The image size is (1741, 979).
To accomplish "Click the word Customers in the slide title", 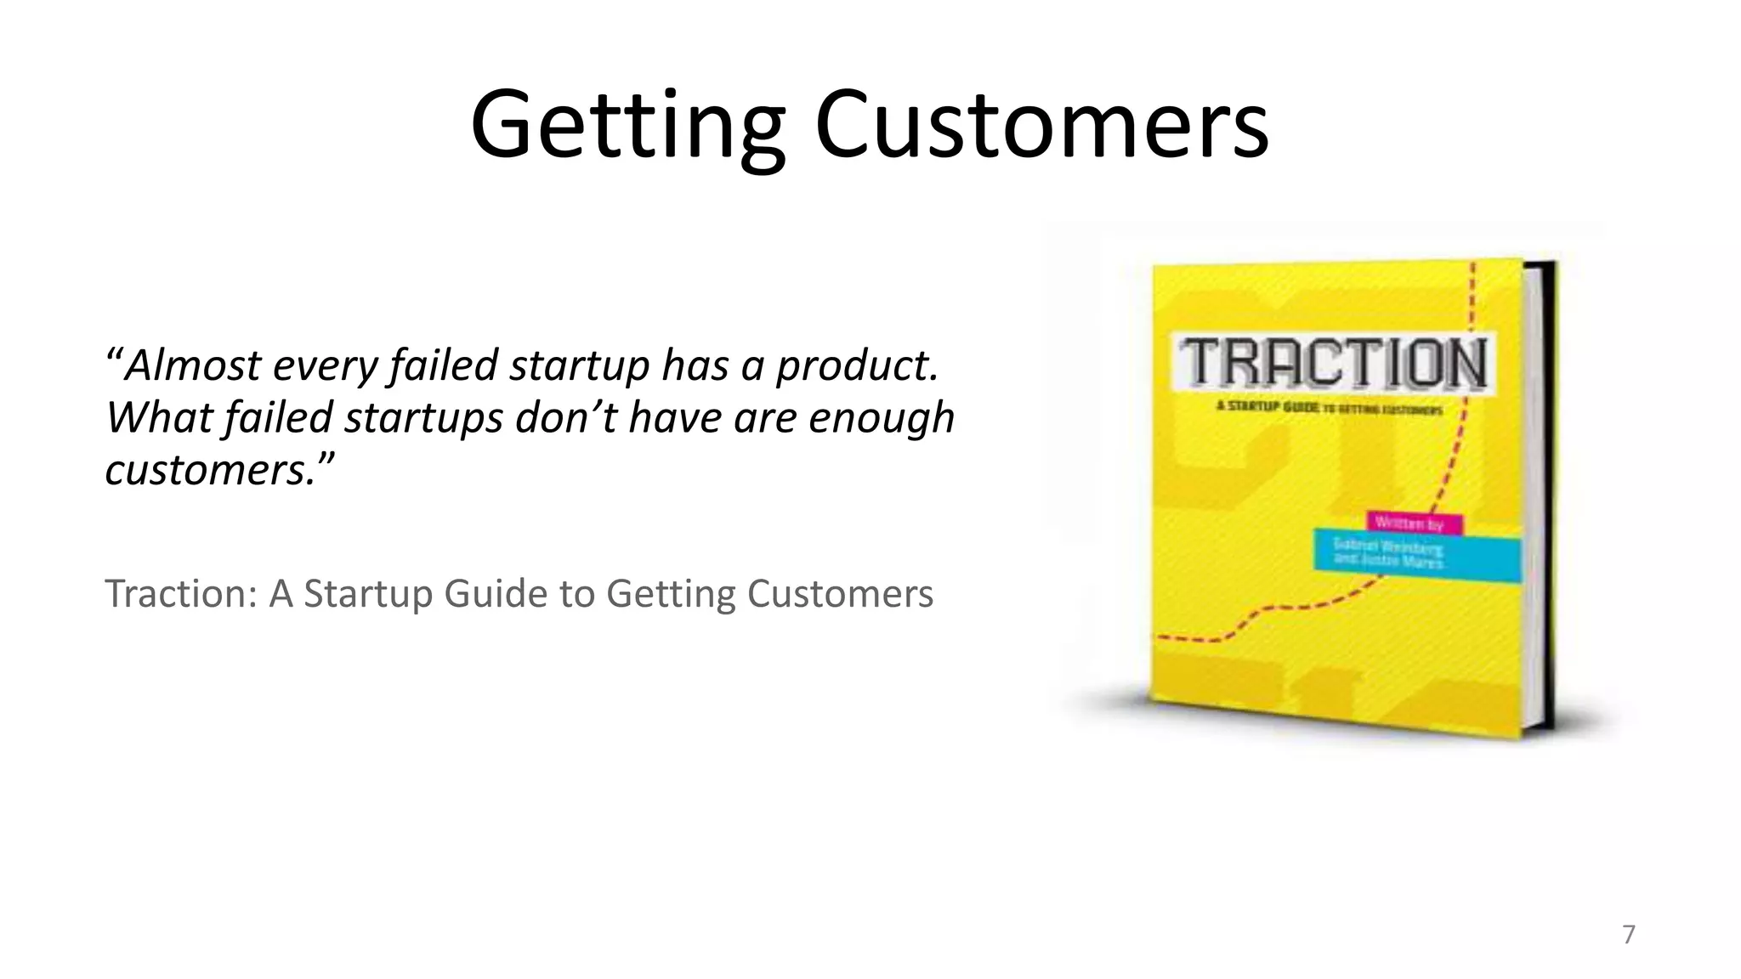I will [1041, 126].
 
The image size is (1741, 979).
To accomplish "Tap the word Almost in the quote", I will [193, 365].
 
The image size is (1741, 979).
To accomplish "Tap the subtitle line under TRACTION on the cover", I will [1329, 409].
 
